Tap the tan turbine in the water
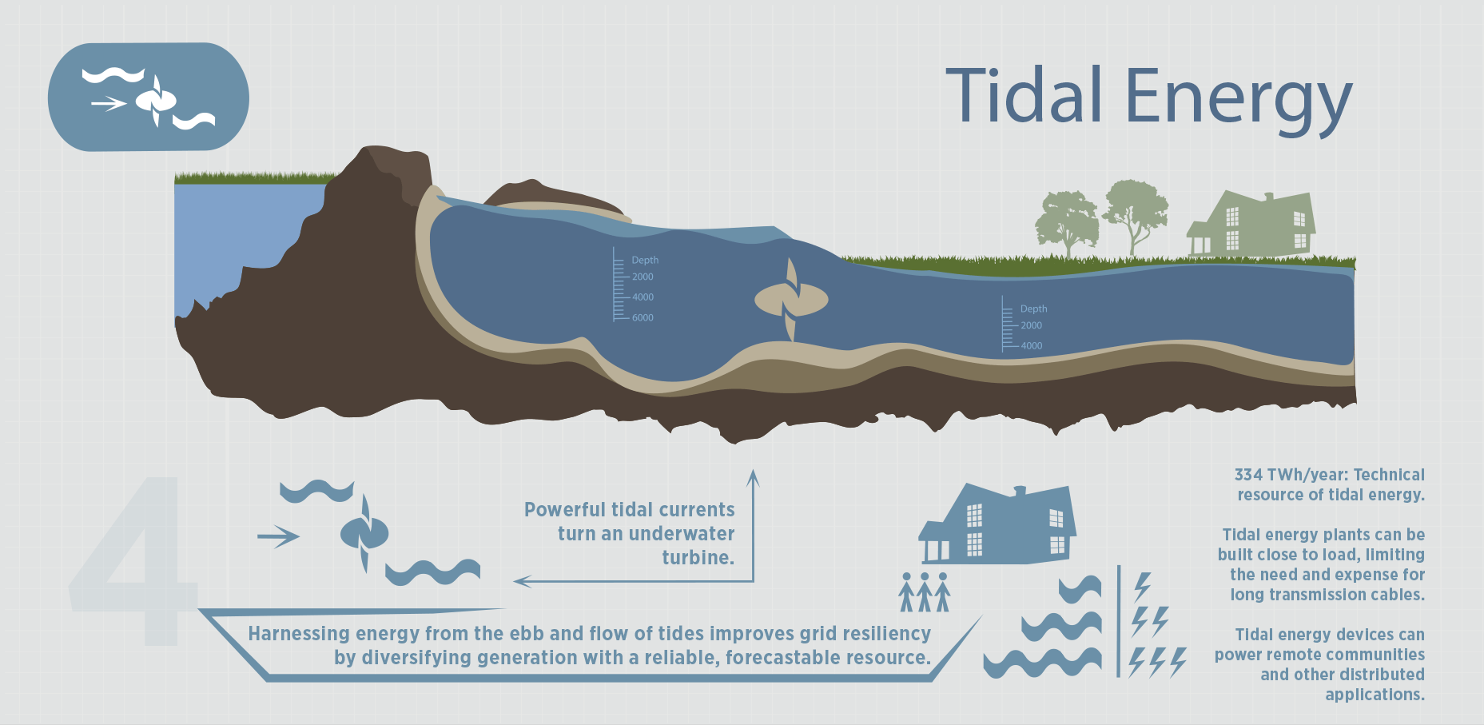click(791, 300)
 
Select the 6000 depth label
click(643, 318)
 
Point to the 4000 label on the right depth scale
click(1031, 346)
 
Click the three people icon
click(925, 592)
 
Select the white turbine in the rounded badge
click(156, 101)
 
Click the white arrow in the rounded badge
click(109, 103)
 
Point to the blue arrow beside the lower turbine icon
click(278, 536)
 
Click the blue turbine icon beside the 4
click(364, 533)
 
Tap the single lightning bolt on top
click(1143, 587)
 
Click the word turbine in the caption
click(698, 558)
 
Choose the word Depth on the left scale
click(645, 261)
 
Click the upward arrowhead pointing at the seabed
click(752, 477)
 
